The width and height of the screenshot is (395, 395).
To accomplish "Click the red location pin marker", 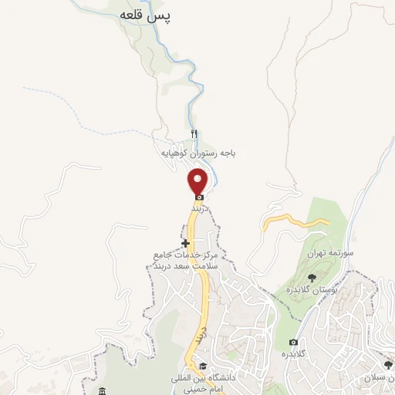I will [198, 183].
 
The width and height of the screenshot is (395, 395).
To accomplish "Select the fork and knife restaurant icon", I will [194, 134].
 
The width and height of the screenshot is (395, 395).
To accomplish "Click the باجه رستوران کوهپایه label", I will [197, 154].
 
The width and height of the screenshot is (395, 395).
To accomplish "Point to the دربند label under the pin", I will [201, 208].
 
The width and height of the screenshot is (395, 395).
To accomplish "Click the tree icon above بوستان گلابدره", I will [311, 275].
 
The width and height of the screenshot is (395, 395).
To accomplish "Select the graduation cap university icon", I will [202, 366].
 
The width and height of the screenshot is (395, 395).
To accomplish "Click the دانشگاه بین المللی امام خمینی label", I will [202, 383].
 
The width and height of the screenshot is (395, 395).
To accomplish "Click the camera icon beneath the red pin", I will [199, 196].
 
